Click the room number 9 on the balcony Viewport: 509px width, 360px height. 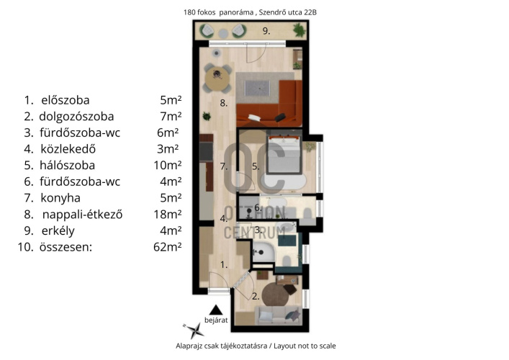tap(266, 31)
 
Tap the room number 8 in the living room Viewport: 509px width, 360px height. tap(223, 103)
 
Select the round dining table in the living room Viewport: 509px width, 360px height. tap(217, 78)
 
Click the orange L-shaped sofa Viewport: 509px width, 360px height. tap(270, 103)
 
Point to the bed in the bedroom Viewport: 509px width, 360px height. tap(284, 154)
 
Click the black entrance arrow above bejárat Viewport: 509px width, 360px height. tap(215, 310)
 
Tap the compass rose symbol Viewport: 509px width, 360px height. tap(194, 330)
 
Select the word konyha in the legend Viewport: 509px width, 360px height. tap(60, 198)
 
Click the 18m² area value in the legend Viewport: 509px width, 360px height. tap(168, 215)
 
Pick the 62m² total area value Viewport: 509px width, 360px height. tap(168, 247)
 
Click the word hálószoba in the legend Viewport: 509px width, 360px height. tap(67, 165)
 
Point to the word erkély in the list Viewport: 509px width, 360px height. tap(58, 231)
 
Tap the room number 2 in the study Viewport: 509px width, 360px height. tap(256, 297)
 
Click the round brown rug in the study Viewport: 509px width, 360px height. tap(276, 294)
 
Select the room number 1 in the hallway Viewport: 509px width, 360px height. tap(224, 265)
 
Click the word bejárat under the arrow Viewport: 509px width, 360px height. tap(216, 320)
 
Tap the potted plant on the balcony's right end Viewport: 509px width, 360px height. tap(299, 30)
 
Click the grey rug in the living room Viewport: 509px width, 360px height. tap(258, 88)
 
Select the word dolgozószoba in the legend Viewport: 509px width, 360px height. tap(76, 117)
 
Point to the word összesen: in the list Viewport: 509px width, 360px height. tap(66, 247)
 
